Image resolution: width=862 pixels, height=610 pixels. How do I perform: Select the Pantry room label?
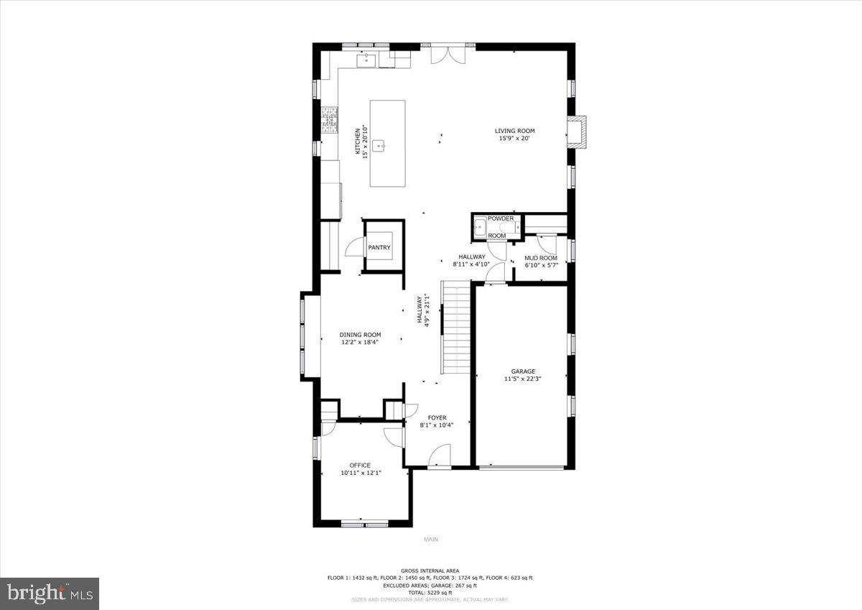click(x=379, y=248)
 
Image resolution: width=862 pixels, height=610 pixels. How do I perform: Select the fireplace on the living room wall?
click(x=576, y=131)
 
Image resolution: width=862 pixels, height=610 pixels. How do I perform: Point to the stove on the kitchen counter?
click(x=329, y=120)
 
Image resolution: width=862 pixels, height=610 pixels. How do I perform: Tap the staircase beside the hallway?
click(x=455, y=327)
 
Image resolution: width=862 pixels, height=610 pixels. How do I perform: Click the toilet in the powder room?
click(x=506, y=228)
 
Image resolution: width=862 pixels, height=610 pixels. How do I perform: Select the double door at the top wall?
click(x=448, y=55)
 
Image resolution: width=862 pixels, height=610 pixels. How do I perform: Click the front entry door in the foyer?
click(x=440, y=456)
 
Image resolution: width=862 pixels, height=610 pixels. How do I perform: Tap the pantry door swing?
click(x=355, y=248)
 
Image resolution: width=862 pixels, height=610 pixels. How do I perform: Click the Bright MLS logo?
click(x=50, y=593)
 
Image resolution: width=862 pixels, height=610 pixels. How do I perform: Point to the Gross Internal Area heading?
click(x=430, y=570)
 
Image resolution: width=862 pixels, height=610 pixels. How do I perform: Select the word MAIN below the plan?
click(x=430, y=540)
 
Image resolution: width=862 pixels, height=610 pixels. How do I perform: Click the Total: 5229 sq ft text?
click(x=430, y=592)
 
